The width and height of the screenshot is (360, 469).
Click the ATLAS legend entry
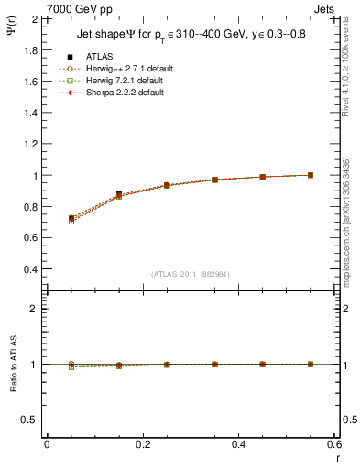coord(100,57)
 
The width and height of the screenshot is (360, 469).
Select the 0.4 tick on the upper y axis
coord(29,269)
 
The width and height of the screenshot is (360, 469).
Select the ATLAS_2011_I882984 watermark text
coord(190,274)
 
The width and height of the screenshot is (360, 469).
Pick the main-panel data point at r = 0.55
coord(311,175)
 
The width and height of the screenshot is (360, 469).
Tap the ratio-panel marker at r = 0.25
coord(167,365)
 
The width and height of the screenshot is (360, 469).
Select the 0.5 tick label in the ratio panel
coord(29,420)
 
